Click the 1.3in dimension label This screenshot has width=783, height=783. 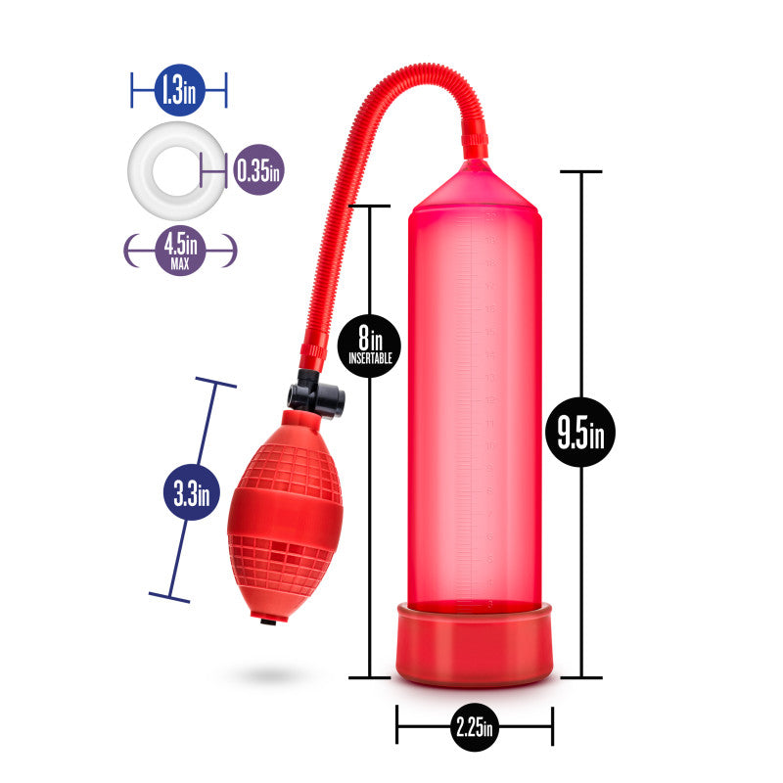point(178,93)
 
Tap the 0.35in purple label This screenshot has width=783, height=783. point(257,171)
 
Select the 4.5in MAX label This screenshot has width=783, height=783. point(180,250)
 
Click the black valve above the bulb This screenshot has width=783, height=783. point(316,396)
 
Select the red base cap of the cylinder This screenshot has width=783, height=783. point(474,643)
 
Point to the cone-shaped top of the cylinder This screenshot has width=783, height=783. point(475,186)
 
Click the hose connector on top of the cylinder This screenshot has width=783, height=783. point(476,145)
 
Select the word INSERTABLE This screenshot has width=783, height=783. point(370,359)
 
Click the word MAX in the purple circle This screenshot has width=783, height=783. point(180,262)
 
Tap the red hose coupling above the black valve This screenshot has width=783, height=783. point(312,349)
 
